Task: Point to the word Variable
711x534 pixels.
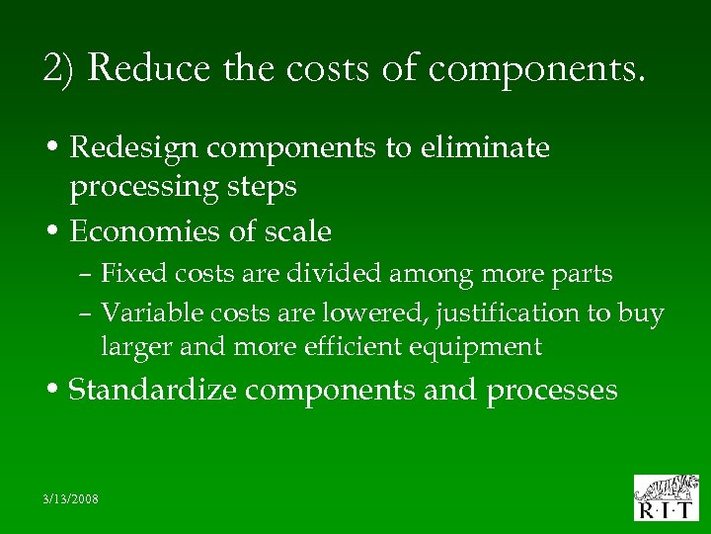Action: coord(144,312)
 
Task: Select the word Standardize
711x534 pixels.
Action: coord(153,390)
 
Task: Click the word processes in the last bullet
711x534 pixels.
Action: coord(552,391)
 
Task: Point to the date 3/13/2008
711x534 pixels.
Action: coord(72,498)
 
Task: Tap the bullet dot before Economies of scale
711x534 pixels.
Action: coord(56,232)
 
